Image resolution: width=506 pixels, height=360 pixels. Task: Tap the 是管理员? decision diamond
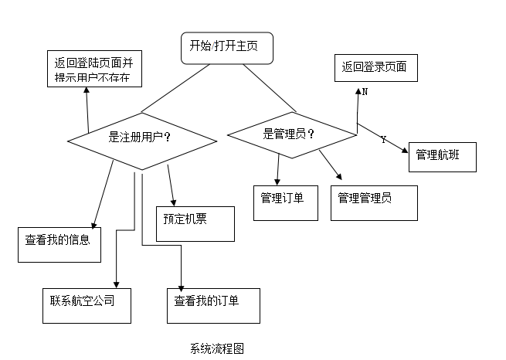292,133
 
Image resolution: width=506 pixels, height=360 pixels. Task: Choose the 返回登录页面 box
375,68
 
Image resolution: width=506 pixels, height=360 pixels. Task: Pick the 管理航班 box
441,155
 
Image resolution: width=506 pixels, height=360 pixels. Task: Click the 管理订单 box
285,202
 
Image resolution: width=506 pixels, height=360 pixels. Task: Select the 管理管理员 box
374,202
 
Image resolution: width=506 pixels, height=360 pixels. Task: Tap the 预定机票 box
195,223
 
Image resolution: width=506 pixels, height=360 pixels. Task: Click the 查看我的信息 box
59,243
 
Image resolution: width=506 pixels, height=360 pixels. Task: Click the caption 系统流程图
217,348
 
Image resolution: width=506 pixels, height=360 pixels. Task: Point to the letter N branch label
365,92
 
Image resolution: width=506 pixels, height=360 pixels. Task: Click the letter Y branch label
384,140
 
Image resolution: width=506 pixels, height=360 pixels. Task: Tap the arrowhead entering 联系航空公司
116,284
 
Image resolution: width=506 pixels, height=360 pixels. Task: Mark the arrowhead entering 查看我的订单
181,284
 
